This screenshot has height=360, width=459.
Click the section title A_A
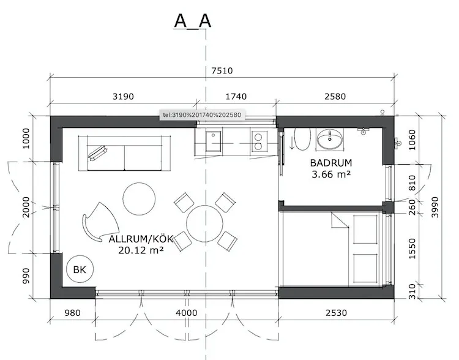193,21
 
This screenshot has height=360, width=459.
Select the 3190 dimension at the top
123,97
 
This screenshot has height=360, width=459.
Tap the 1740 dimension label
236,97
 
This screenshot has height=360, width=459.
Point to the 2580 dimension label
335,97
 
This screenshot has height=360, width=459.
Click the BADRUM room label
330,163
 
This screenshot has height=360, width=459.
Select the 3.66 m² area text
330,174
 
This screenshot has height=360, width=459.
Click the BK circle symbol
80,269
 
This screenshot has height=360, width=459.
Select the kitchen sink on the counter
214,141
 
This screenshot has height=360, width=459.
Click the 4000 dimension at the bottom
186,313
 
